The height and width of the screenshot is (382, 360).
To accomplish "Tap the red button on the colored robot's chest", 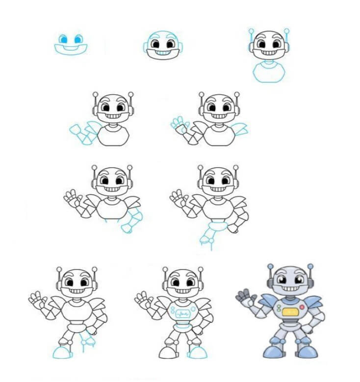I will coord(302,307).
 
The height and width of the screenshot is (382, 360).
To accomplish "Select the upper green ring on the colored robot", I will coord(278,306).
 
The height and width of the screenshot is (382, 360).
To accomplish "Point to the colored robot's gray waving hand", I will coord(244,297).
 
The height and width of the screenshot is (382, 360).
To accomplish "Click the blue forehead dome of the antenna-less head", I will coord(162,36).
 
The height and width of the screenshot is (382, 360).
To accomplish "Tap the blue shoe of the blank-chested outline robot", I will coord(62,352).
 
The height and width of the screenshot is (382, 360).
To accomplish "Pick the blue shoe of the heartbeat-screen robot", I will coord(197,353).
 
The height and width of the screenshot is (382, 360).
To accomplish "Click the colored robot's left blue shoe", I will coord(271,351).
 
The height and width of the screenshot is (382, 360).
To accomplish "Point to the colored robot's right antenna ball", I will coord(310,266).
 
